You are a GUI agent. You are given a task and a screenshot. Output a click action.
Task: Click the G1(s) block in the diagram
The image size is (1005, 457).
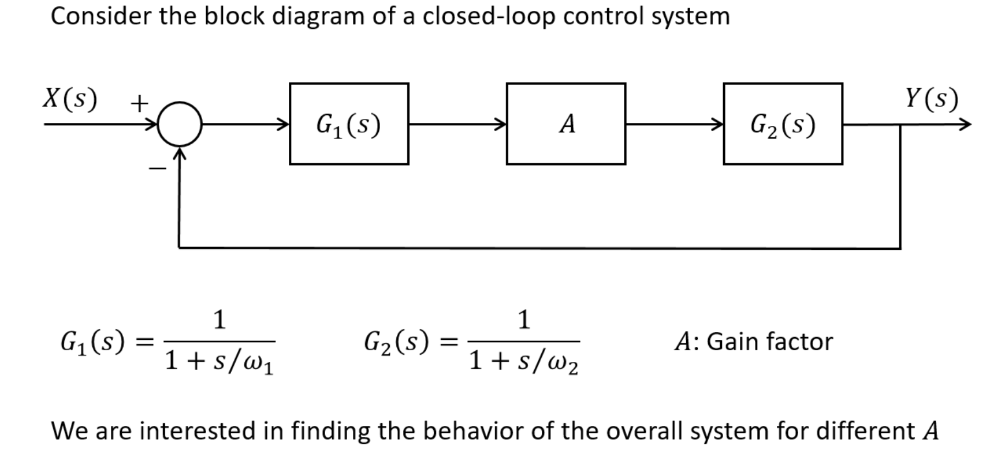(349, 124)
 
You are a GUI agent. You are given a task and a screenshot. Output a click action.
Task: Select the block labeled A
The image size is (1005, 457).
(565, 124)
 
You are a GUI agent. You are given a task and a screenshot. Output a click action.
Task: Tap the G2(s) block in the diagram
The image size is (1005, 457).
(783, 124)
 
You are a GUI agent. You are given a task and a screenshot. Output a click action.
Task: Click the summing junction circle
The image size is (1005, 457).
(180, 124)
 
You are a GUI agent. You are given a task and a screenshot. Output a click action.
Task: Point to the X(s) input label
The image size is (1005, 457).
(70, 99)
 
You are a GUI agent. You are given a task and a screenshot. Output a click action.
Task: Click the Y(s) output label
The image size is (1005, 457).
(931, 99)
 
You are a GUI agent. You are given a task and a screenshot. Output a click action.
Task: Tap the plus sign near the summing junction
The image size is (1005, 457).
(139, 104)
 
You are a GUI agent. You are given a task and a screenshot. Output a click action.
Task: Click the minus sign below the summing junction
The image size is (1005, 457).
(157, 168)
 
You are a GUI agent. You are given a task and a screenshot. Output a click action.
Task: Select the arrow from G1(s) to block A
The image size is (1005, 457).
(457, 123)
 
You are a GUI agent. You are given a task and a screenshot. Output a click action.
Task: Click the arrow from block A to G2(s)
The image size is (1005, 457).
(673, 123)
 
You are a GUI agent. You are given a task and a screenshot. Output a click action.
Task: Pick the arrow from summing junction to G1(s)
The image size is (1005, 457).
(245, 123)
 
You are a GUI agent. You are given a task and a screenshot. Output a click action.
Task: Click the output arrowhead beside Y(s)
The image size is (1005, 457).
(965, 124)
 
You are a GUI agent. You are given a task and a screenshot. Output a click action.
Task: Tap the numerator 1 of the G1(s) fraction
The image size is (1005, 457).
(219, 319)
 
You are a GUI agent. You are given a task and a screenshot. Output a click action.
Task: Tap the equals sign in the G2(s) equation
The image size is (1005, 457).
(449, 342)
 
